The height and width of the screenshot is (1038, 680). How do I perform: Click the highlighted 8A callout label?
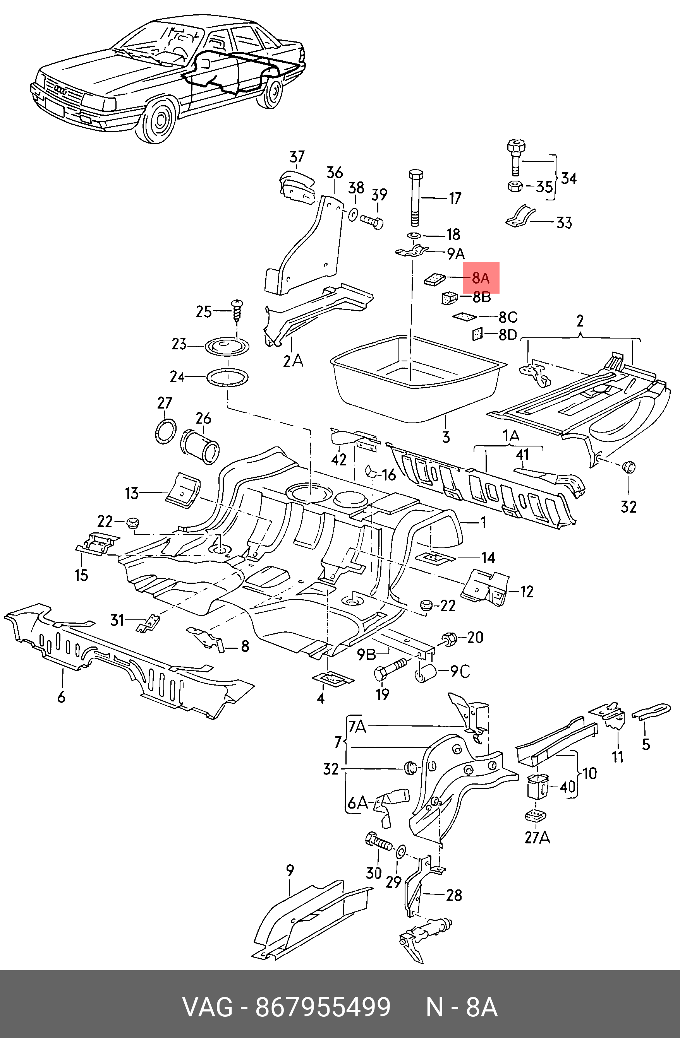481,278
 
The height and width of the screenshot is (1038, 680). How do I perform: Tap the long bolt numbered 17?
415,198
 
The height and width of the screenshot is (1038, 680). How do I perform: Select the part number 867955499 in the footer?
323,1007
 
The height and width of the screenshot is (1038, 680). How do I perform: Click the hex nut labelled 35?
515,186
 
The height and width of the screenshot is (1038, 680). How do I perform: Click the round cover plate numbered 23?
228,347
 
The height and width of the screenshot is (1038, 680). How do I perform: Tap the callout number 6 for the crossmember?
61,697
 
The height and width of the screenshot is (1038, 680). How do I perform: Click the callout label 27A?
537,837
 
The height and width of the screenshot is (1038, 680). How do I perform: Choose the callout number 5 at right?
646,744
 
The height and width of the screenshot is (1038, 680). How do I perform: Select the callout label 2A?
292,361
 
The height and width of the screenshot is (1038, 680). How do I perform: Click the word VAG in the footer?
208,1007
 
